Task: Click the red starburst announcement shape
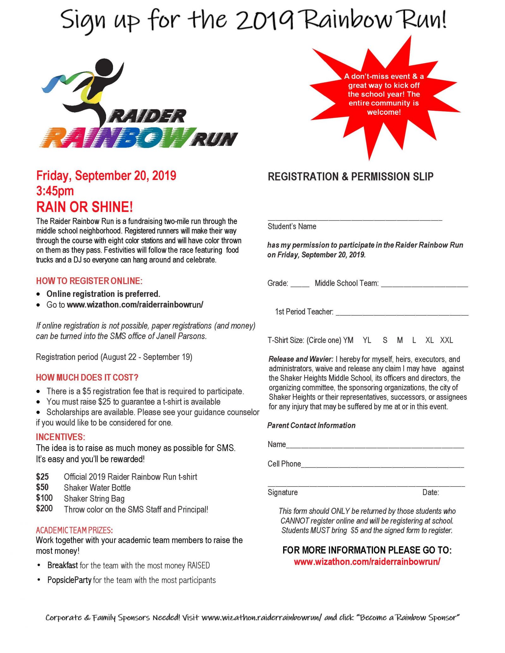point(383,95)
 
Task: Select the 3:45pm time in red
point(55,191)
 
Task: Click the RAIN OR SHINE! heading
point(85,207)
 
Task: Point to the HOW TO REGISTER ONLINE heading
point(89,281)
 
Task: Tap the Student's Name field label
point(292,226)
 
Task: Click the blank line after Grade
point(300,284)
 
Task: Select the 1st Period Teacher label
point(304,312)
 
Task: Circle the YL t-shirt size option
point(367,340)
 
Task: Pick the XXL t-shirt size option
point(446,340)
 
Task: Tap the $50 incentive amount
point(42,487)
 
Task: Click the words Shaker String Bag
point(94,498)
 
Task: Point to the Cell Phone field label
point(284,464)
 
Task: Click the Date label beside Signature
point(431,492)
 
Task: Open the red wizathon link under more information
point(367,562)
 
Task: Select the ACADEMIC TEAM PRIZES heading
point(74,530)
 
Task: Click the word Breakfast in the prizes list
point(62,565)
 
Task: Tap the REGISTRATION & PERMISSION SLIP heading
point(350,177)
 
